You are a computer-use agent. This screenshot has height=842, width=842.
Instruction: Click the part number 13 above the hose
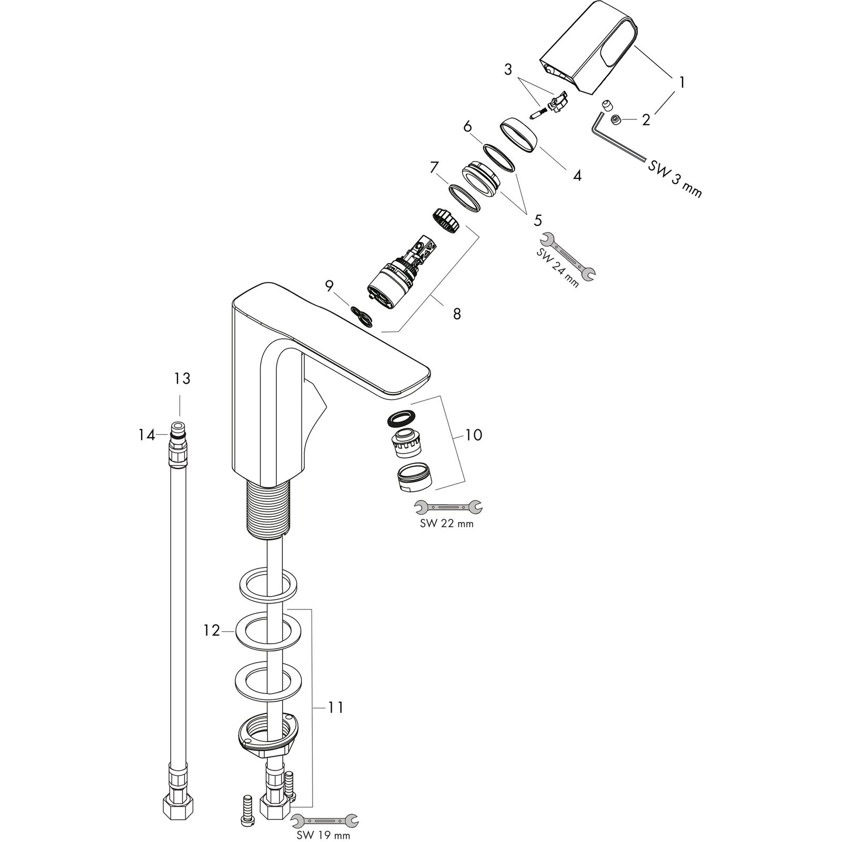click(182, 378)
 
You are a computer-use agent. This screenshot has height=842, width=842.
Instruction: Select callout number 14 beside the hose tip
click(147, 435)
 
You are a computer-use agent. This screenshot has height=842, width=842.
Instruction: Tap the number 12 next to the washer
click(212, 630)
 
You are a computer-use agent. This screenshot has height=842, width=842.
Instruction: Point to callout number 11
click(336, 708)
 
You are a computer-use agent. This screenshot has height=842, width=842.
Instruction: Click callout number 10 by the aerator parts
click(474, 435)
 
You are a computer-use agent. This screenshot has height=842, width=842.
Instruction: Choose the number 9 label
click(329, 286)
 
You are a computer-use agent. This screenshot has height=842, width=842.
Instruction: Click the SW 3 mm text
click(675, 179)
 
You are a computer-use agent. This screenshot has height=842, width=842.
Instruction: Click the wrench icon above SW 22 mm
click(448, 506)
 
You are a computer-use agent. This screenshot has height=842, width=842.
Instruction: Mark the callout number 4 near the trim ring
click(577, 176)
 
